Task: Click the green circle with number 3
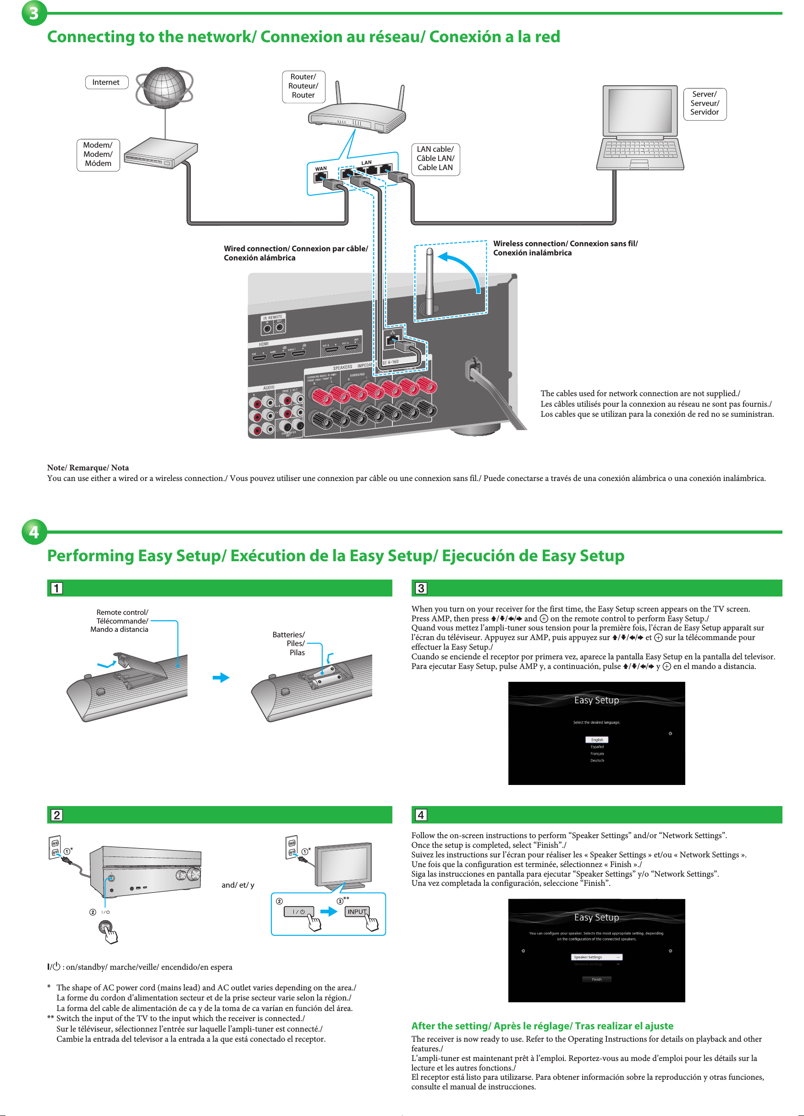tap(34, 13)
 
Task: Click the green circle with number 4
tap(34, 531)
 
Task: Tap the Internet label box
tap(106, 82)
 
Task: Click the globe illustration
tap(165, 88)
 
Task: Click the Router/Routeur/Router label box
tap(303, 86)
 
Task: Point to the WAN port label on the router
tap(321, 169)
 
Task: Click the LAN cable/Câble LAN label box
tap(435, 159)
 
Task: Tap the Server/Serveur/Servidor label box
tap(704, 103)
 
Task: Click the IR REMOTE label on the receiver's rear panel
tap(273, 317)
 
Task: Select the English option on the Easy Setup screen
tap(596, 740)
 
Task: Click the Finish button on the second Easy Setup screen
tap(596, 979)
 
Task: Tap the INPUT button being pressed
tap(357, 912)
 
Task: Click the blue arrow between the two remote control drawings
tap(221, 678)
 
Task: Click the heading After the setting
tap(542, 1026)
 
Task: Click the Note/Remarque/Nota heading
tap(88, 468)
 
